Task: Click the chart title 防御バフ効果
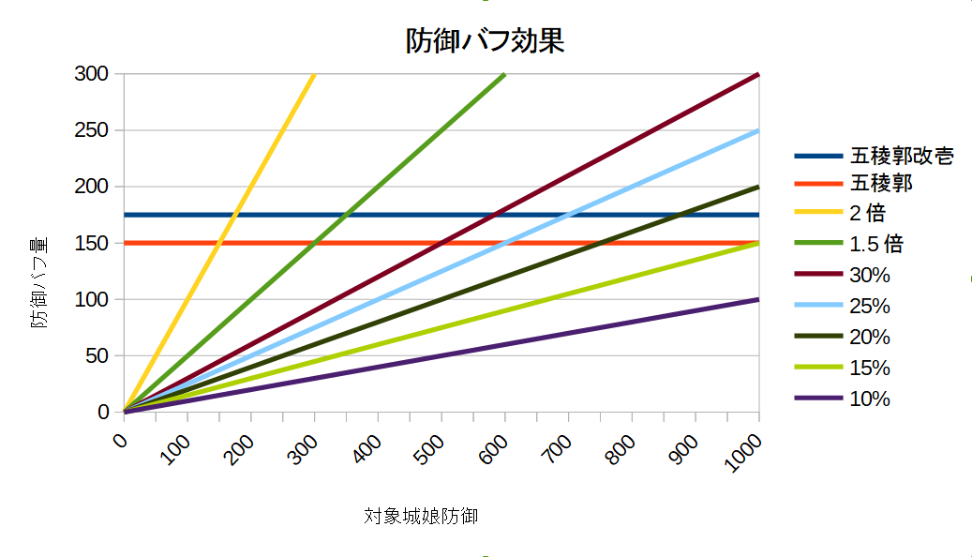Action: [x=485, y=41]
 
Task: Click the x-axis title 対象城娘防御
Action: [x=421, y=516]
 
